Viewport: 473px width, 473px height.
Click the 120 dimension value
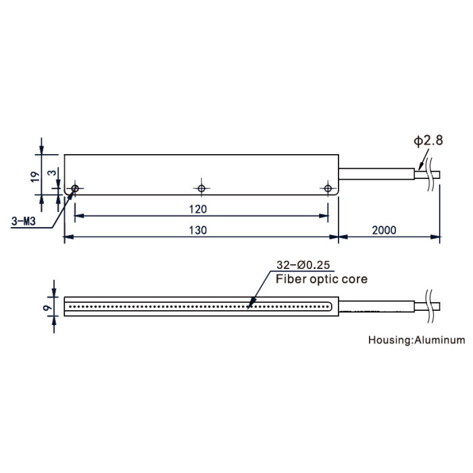198,209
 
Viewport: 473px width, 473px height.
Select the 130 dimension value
198,230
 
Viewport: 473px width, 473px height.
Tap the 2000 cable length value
384,230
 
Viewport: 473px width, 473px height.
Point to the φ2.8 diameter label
428,141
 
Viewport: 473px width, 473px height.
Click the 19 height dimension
35,176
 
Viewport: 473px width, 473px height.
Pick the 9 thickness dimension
48,308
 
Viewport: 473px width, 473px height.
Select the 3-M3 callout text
23,222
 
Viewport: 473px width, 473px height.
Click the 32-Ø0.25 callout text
303,265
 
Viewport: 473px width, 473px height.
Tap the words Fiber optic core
322,279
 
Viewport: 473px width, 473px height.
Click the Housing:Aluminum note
417,340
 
